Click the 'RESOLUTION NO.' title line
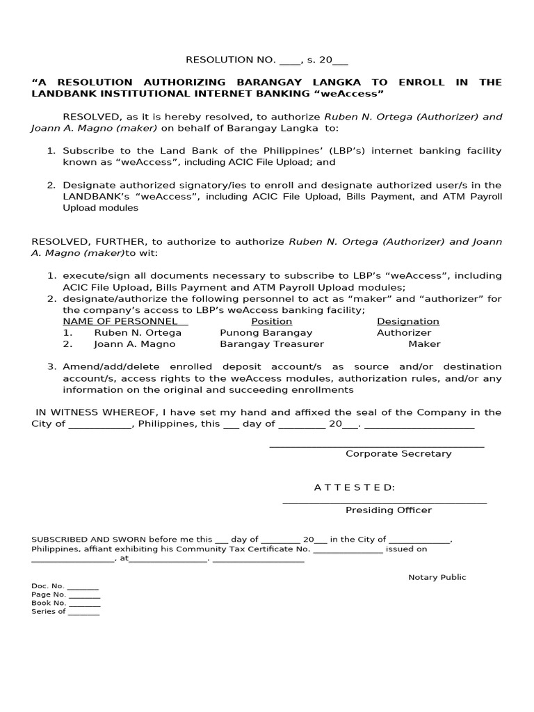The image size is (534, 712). coord(266,60)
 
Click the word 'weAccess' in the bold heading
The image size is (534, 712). coord(357,93)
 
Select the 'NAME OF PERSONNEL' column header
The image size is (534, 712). coord(125,321)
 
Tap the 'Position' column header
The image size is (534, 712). coord(271,321)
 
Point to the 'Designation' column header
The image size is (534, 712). coord(408,321)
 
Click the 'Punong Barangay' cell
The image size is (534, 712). coord(266,332)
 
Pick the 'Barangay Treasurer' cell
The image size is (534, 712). coord(272,343)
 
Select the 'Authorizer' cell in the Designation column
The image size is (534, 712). coord(404,332)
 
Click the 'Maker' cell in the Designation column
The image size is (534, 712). coord(424,343)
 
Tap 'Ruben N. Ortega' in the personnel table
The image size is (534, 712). coord(138,332)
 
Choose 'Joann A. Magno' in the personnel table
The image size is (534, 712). coord(135,343)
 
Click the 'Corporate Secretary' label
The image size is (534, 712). coord(398,453)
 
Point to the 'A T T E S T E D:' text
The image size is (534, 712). coord(355,487)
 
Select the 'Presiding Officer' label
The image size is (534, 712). coord(389,510)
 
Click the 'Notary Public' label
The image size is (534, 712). coord(437,577)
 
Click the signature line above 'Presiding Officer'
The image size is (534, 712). coord(385,502)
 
